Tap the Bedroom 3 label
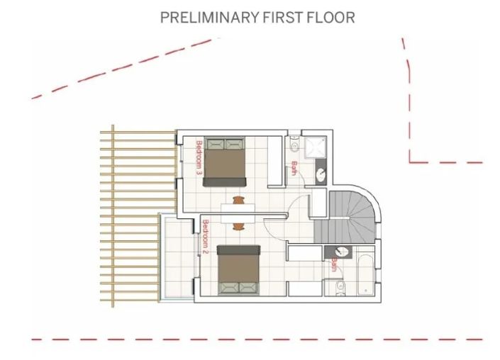[x=199, y=157]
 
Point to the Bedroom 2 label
[x=205, y=237]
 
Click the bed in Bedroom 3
[x=226, y=162]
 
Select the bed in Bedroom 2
[x=238, y=269]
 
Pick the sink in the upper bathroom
[x=320, y=173]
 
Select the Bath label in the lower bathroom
[x=332, y=265]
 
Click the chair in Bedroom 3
[x=238, y=200]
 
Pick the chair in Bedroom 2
[x=238, y=226]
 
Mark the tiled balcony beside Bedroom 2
[x=178, y=259]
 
